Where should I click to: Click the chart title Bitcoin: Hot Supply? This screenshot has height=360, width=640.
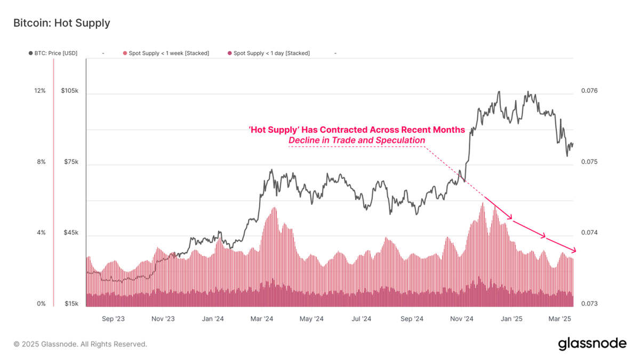tap(61, 23)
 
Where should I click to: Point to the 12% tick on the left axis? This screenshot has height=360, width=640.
tap(40, 91)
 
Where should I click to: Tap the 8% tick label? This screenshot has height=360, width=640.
tap(42, 162)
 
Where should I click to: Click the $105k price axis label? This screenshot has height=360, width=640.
tap(70, 91)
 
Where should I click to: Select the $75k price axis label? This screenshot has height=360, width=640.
tap(71, 162)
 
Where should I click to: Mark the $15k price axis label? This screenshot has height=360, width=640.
tap(71, 304)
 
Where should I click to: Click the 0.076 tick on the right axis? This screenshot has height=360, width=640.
tap(589, 91)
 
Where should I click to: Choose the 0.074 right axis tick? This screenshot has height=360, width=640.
tap(589, 233)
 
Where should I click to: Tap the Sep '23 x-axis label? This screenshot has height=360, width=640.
tap(113, 319)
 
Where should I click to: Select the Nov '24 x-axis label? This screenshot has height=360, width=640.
tap(462, 319)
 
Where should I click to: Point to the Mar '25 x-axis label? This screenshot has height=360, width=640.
tap(560, 319)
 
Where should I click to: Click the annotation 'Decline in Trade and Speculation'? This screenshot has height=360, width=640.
tap(357, 140)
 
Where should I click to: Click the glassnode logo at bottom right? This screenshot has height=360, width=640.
tap(592, 344)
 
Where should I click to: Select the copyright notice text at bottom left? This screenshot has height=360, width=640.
tap(80, 345)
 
